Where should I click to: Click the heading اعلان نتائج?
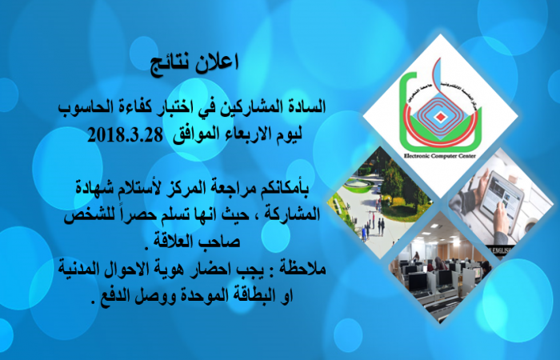click(x=194, y=63)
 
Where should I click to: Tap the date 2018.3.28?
click(x=125, y=135)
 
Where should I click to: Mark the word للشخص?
click(x=85, y=215)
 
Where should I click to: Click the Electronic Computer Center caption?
click(x=440, y=156)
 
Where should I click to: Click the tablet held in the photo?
click(x=501, y=201)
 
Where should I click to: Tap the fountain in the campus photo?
click(x=357, y=183)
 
